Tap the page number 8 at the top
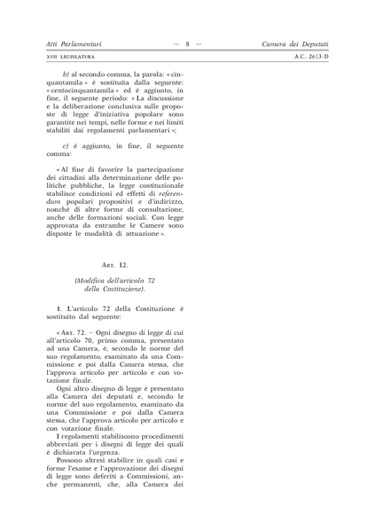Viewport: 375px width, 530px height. [x=188, y=43]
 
